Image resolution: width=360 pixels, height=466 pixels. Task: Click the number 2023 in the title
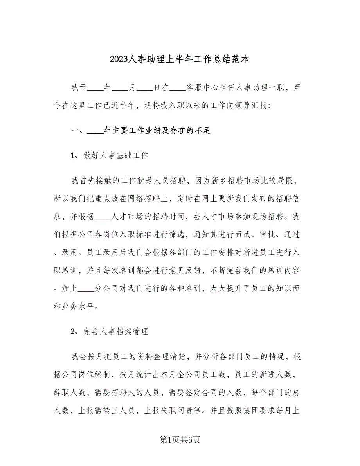pyautogui.click(x=119, y=59)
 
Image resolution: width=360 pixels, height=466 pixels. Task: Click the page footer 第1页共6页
pyautogui.click(x=180, y=440)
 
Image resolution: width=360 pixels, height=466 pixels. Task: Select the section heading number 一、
pyautogui.click(x=77, y=131)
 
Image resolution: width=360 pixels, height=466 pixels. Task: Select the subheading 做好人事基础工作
pyautogui.click(x=116, y=156)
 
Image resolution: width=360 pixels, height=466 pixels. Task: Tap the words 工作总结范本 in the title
pyautogui.click(x=222, y=59)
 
